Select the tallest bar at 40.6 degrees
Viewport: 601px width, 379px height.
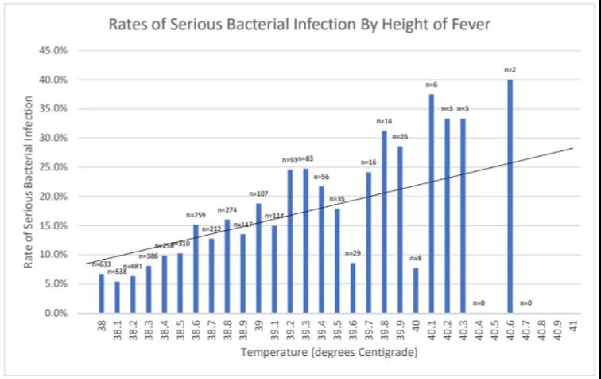tap(510, 196)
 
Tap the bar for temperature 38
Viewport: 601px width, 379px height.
tap(102, 293)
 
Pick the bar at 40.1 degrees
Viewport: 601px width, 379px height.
tap(432, 203)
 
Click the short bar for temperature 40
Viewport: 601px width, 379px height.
tap(416, 290)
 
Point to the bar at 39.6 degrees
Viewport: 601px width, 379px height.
tap(353, 287)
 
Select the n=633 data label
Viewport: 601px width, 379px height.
tap(102, 264)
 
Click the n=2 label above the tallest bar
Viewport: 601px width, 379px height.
tap(510, 71)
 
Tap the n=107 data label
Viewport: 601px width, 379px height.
tap(259, 193)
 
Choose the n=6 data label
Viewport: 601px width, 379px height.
tap(432, 84)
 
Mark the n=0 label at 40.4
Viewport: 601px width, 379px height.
tap(479, 303)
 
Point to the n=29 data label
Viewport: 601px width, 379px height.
tap(353, 253)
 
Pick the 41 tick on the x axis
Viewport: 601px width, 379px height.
tap(573, 327)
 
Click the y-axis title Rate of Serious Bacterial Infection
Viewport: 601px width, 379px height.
tap(29, 182)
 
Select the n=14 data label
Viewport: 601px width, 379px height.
tap(385, 122)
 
